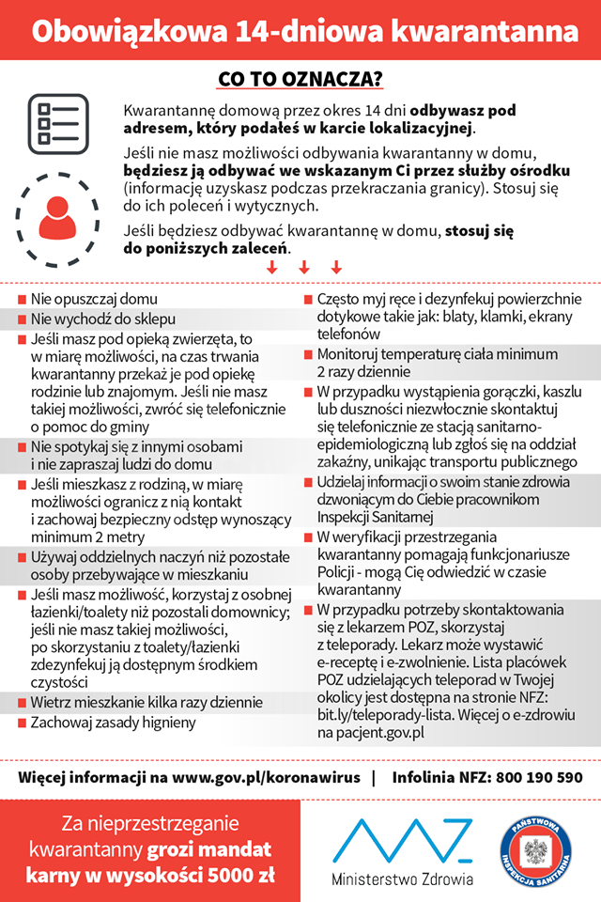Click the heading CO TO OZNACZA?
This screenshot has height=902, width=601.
point(300,77)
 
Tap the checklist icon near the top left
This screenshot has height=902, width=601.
point(57,123)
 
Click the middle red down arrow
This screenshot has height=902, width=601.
point(303,268)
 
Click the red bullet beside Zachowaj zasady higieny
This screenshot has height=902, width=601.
point(21,723)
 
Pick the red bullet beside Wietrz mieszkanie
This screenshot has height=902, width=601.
point(21,703)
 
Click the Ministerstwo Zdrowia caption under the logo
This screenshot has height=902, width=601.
point(402,879)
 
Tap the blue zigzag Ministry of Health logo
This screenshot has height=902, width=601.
point(402,838)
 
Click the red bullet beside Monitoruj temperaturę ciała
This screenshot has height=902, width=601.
point(308,355)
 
